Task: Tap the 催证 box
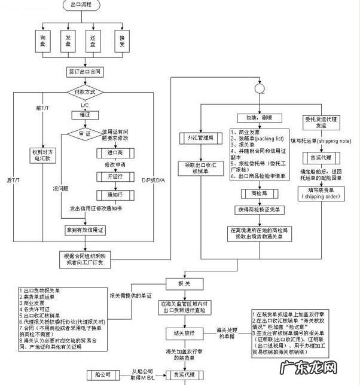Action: point(84,114)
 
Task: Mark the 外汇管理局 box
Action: point(197,138)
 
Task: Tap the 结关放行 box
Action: point(183,332)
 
